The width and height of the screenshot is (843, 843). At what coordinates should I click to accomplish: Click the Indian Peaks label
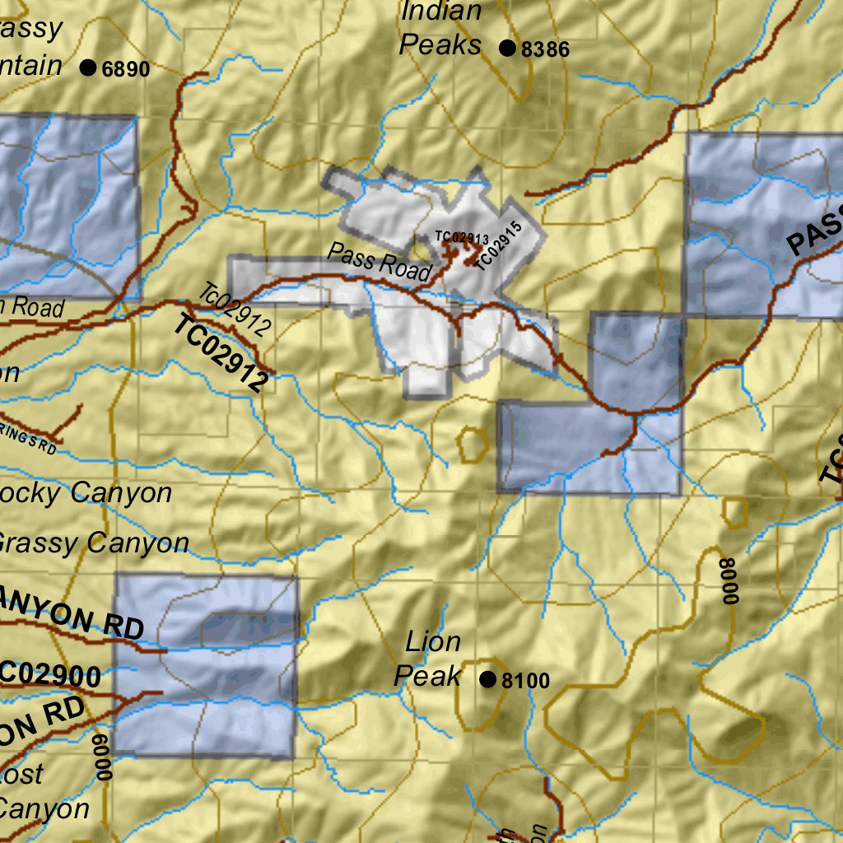click(x=440, y=28)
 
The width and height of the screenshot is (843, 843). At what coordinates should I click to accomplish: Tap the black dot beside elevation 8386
click(x=507, y=49)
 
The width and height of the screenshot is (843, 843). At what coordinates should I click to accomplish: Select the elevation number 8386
click(x=545, y=49)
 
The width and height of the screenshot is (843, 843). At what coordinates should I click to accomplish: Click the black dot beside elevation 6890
click(x=88, y=68)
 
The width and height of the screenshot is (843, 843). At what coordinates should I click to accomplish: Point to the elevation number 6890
click(x=126, y=69)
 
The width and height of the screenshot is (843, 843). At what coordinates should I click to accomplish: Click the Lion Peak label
click(x=430, y=659)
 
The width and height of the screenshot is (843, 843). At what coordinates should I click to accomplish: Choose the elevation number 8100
click(x=525, y=681)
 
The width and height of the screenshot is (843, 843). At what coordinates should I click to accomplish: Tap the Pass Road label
click(x=380, y=262)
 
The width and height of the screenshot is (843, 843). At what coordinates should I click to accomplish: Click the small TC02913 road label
click(x=457, y=238)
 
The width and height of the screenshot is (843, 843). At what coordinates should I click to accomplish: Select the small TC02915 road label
click(x=499, y=245)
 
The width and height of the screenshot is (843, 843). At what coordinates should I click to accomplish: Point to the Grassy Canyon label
click(x=93, y=543)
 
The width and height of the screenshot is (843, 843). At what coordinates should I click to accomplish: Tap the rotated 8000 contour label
click(x=727, y=581)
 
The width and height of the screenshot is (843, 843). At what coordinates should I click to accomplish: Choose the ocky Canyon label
click(x=86, y=494)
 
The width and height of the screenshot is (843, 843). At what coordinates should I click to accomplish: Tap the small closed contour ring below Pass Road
click(x=472, y=445)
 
